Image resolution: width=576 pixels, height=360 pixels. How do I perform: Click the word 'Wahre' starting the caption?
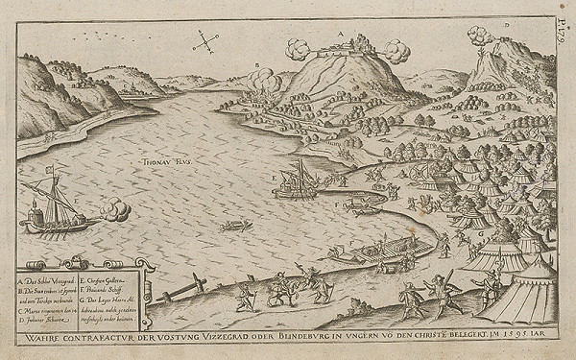coord(41,338)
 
